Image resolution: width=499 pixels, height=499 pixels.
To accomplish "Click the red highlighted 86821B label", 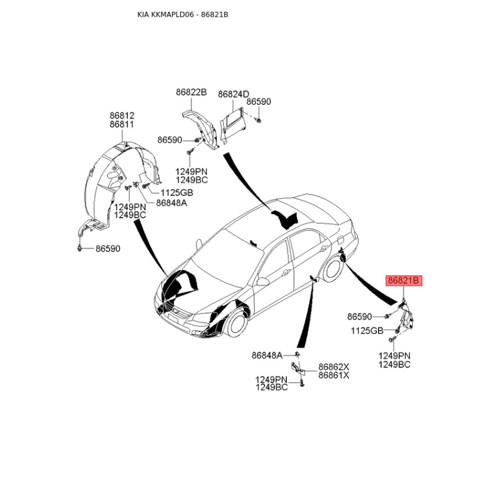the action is tap(404, 281).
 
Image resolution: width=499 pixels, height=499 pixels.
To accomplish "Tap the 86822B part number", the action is tap(191, 92).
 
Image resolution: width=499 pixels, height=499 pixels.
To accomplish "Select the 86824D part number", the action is tap(233, 95).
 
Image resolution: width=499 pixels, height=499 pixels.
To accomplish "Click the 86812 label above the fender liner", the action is tap(122, 115).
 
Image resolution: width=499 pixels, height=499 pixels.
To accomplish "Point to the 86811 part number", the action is tap(122, 124).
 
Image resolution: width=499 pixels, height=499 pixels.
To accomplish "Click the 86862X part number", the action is tap(334, 367).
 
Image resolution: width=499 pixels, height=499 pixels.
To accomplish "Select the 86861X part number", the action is tap(334, 375).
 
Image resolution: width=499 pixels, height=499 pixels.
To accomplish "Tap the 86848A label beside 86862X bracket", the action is tap(267, 355).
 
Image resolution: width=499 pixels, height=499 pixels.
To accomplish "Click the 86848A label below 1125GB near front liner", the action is tap(172, 203).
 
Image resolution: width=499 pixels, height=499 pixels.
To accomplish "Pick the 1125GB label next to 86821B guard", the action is tap(367, 331).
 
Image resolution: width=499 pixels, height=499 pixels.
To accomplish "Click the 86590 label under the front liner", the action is tap(108, 248).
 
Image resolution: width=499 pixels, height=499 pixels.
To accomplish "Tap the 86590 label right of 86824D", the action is tap(259, 102).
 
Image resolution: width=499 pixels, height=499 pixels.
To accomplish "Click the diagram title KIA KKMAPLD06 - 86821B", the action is tap(183, 14).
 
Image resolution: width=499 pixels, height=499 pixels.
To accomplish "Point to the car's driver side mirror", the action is tap(263, 281).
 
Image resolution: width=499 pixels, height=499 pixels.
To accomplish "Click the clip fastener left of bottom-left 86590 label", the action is tap(80, 248).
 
